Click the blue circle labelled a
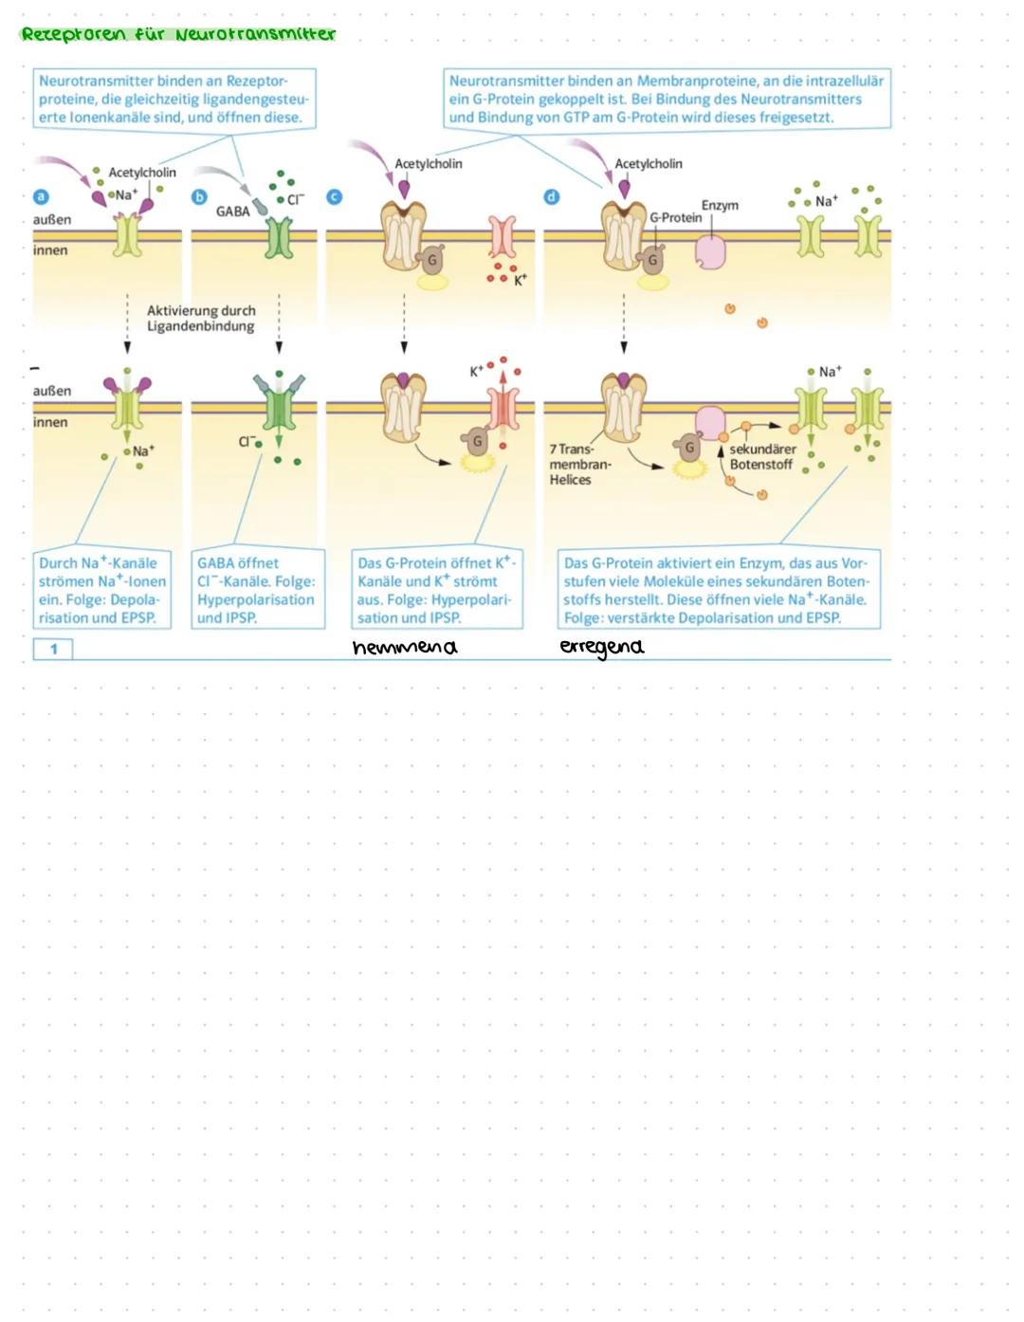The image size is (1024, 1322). (40, 197)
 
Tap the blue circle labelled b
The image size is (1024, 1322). (199, 197)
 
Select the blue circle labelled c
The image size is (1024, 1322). (334, 197)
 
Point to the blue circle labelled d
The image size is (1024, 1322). (552, 197)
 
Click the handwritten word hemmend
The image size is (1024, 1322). (404, 648)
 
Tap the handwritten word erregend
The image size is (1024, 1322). (601, 647)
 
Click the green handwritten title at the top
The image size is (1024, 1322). (178, 34)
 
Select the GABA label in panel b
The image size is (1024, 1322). (232, 211)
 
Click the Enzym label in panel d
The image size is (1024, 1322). (720, 205)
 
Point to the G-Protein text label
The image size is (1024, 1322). (676, 217)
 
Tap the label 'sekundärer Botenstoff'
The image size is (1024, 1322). (762, 456)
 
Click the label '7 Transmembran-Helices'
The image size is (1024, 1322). (578, 465)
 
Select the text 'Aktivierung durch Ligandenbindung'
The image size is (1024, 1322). (201, 319)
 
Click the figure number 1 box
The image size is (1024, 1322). (54, 649)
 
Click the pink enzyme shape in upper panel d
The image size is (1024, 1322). (710, 252)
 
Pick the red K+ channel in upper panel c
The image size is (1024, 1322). (502, 237)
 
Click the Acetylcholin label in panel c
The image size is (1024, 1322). (429, 164)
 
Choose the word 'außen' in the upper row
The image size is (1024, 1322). (52, 220)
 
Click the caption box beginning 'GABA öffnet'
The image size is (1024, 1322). (257, 589)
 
